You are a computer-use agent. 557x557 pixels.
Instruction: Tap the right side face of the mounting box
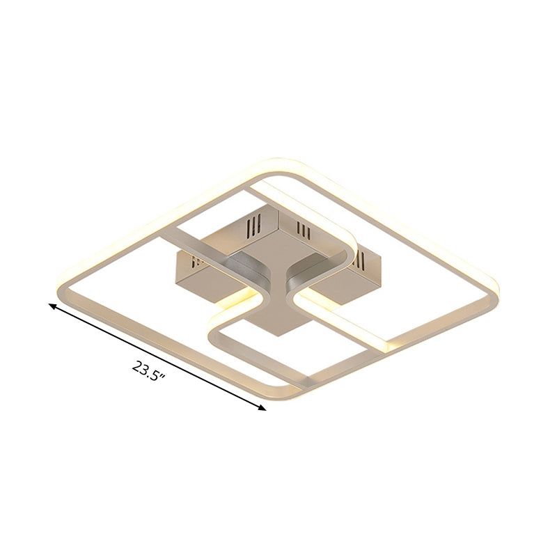(348, 275)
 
